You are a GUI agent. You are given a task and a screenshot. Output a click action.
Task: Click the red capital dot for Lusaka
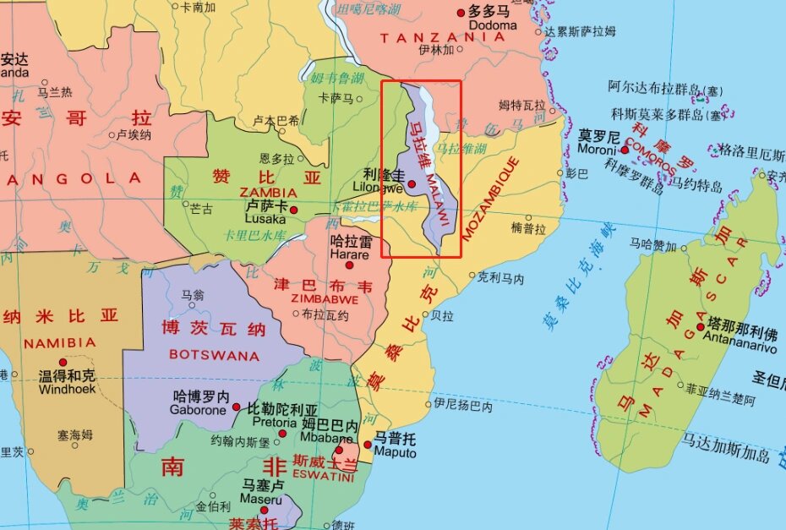pyautogui.click(x=294, y=210)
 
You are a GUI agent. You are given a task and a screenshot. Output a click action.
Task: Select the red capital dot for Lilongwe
pyautogui.click(x=412, y=184)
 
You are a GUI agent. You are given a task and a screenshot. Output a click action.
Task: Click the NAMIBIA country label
pyautogui.click(x=60, y=343)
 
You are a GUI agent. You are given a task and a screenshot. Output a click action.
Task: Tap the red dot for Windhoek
pyautogui.click(x=63, y=363)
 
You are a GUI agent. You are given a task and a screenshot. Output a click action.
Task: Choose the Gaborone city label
pyautogui.click(x=199, y=410)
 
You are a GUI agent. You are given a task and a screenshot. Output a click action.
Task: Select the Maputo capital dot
pyautogui.click(x=368, y=444)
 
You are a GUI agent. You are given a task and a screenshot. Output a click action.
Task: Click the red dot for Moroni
pyautogui.click(x=625, y=150)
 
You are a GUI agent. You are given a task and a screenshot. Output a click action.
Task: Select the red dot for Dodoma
pyautogui.click(x=461, y=13)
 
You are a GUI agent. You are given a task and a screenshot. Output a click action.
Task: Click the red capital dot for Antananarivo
pyautogui.click(x=701, y=327)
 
